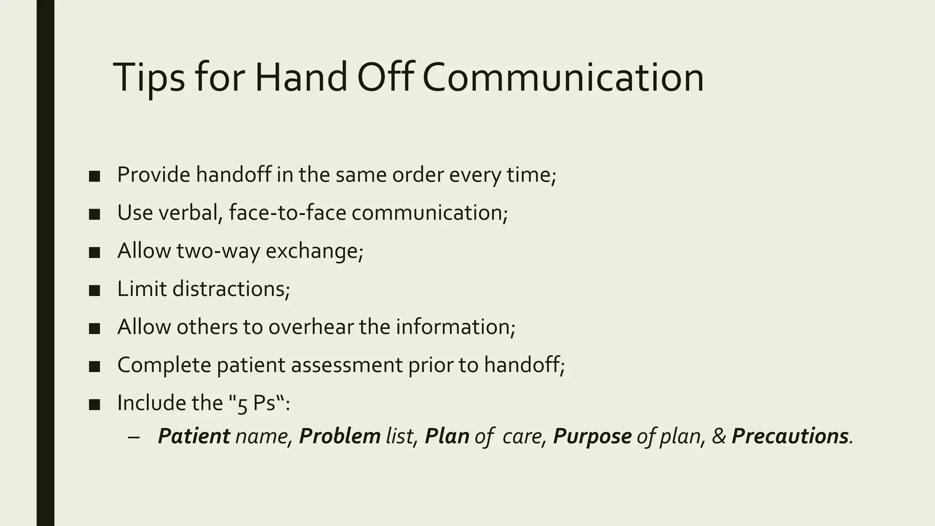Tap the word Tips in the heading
click(149, 78)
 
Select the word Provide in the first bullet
click(153, 174)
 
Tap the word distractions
click(231, 289)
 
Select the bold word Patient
click(194, 436)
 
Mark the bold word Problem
click(340, 436)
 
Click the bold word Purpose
click(592, 436)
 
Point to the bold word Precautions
click(790, 436)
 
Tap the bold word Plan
click(447, 436)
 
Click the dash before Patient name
click(134, 437)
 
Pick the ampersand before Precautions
click(719, 436)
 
